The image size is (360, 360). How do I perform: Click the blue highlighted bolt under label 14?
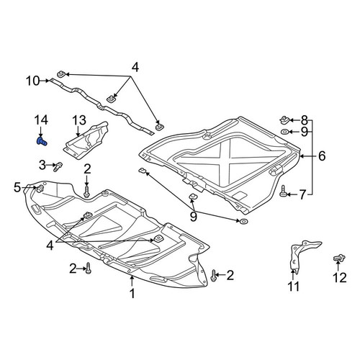[x=42, y=141]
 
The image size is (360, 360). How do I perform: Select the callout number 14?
[x=41, y=120]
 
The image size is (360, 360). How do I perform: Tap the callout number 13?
[x=79, y=120]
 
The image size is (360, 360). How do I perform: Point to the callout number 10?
[x=33, y=81]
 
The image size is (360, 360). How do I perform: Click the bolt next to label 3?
[x=58, y=166]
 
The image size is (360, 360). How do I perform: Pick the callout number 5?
[x=17, y=187]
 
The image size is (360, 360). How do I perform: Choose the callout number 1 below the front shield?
[x=132, y=293]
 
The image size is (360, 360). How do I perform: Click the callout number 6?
[x=322, y=156]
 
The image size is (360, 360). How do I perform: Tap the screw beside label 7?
[x=283, y=192]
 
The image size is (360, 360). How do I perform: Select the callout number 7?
[x=302, y=194]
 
